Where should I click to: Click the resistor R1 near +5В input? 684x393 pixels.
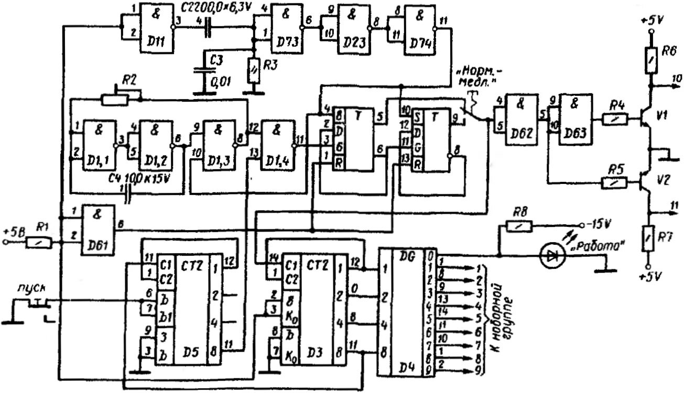pos(41,243)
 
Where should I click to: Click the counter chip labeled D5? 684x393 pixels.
pos(186,309)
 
